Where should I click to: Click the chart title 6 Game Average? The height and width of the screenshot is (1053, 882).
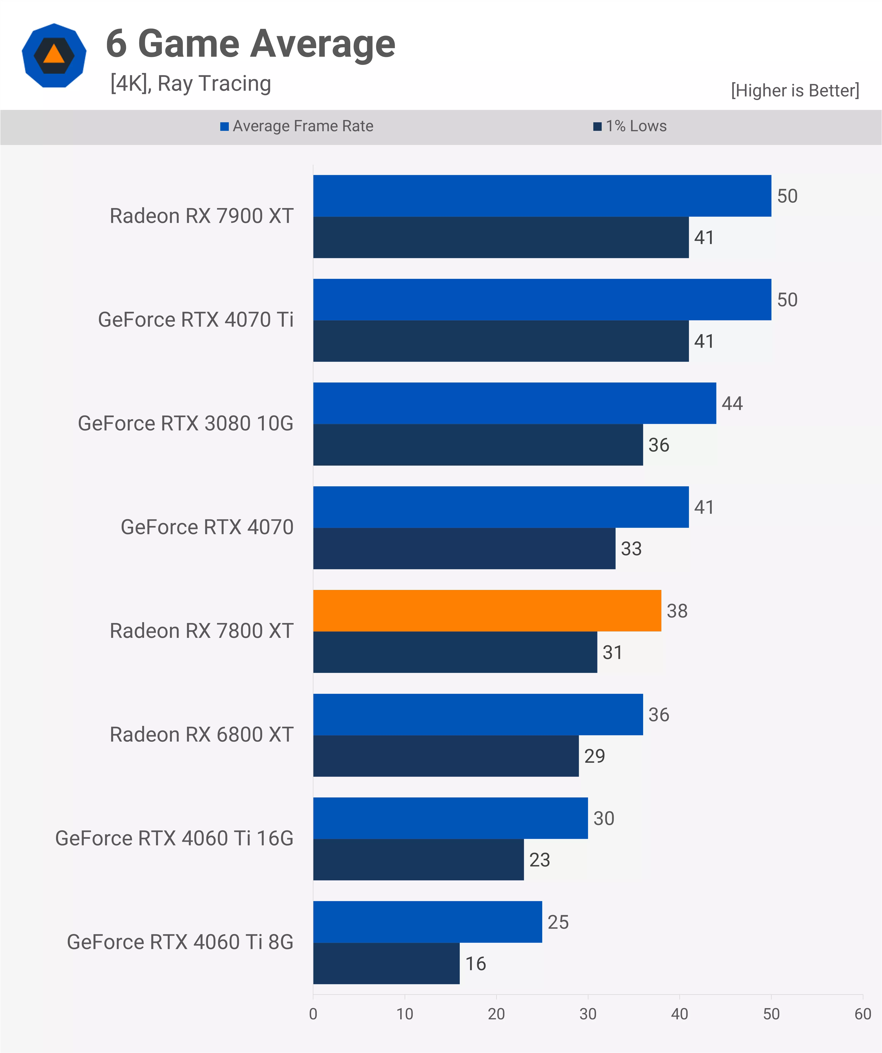click(250, 44)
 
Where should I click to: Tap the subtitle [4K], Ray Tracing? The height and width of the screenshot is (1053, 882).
click(190, 83)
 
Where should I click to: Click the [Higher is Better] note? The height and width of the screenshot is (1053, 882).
click(795, 90)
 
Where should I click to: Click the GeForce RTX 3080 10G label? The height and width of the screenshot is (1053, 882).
click(185, 423)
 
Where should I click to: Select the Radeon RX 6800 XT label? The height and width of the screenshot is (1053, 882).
click(201, 735)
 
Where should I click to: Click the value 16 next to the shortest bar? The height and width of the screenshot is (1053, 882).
click(475, 963)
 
